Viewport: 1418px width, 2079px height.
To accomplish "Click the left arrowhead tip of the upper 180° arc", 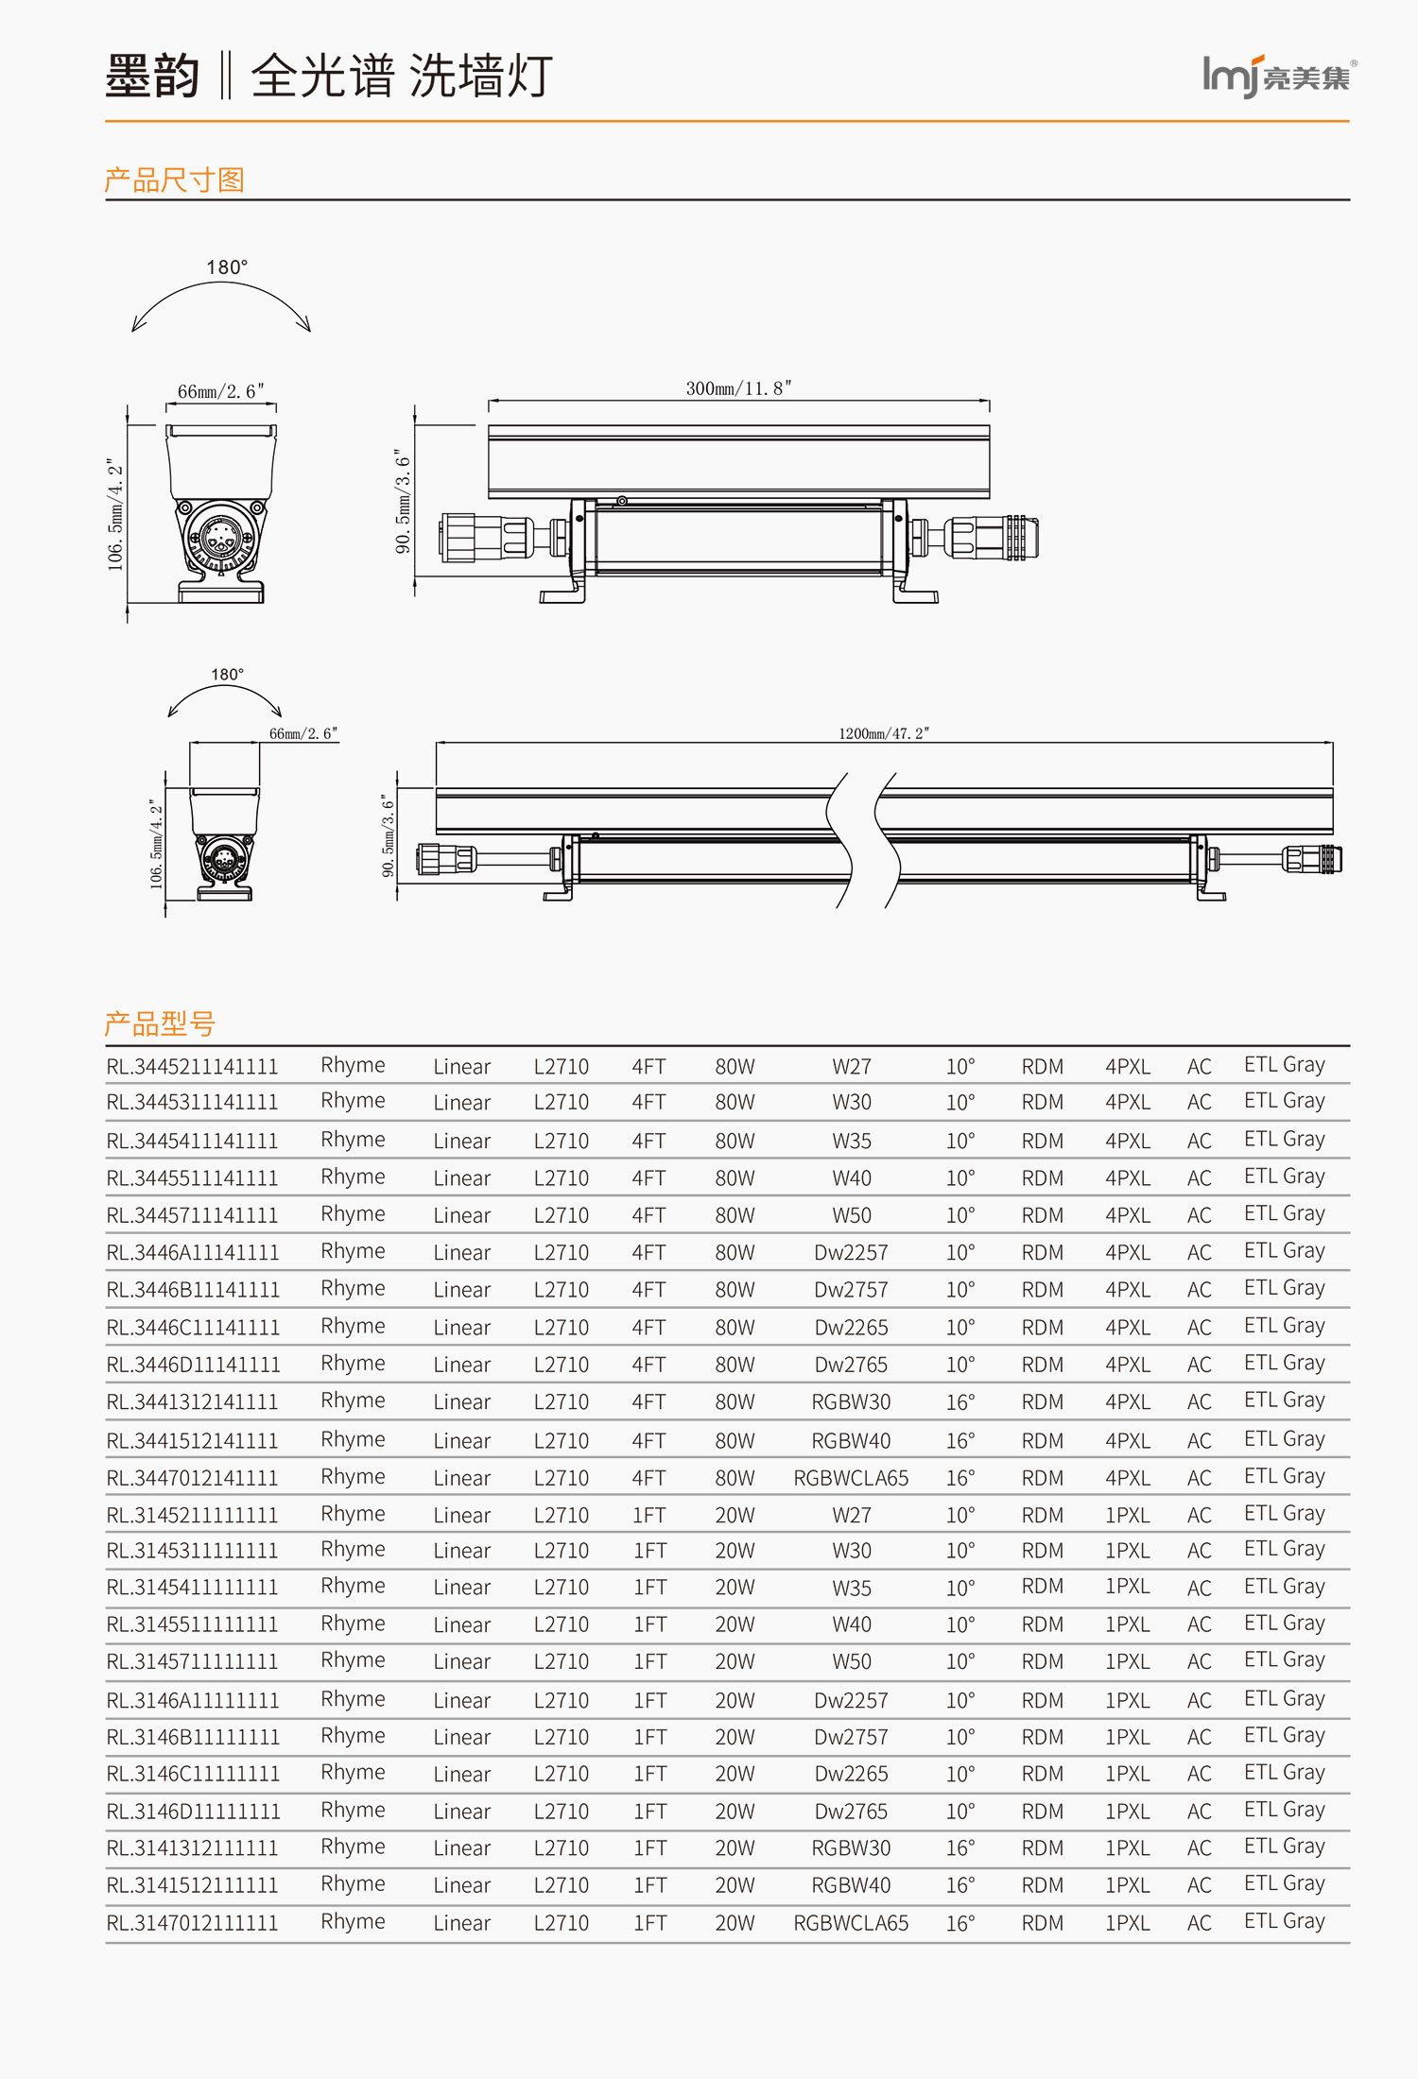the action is point(132,332).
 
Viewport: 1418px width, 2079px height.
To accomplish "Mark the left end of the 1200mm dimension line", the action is point(436,743).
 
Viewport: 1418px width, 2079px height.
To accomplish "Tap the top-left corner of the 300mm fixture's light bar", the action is point(489,425).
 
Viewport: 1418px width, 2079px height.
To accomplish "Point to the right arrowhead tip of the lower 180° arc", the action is point(281,716).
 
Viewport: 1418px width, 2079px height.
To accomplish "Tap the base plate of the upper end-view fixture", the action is point(220,593).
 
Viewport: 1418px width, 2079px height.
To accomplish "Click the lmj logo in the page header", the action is point(1279,77).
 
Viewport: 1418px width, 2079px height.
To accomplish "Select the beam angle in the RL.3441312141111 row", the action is point(960,1401).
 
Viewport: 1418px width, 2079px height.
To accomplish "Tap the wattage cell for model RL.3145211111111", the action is point(735,1515).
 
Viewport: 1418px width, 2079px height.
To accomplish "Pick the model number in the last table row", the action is point(192,1922).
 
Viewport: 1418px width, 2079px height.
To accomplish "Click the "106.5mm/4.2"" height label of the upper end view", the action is point(115,514).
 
